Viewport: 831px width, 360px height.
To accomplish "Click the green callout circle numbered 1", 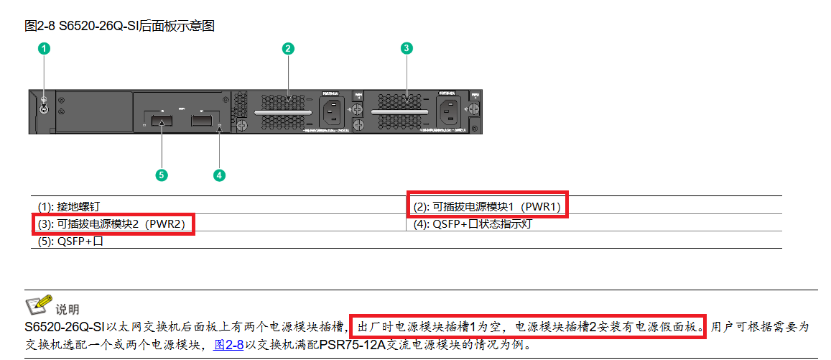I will tap(45, 49).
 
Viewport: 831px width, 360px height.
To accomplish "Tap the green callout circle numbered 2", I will tap(288, 49).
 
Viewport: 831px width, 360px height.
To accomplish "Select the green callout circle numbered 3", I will tap(407, 49).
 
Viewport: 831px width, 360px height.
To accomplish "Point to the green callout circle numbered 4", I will tap(219, 174).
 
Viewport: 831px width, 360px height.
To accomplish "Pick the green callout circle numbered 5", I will tap(162, 174).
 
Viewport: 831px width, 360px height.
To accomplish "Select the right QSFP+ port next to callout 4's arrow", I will tap(205, 119).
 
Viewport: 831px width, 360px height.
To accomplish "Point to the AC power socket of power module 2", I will tap(450, 111).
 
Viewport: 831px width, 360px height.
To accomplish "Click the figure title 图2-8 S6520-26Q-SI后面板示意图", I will tap(119, 27).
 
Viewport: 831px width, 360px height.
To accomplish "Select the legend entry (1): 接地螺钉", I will tap(75, 206).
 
